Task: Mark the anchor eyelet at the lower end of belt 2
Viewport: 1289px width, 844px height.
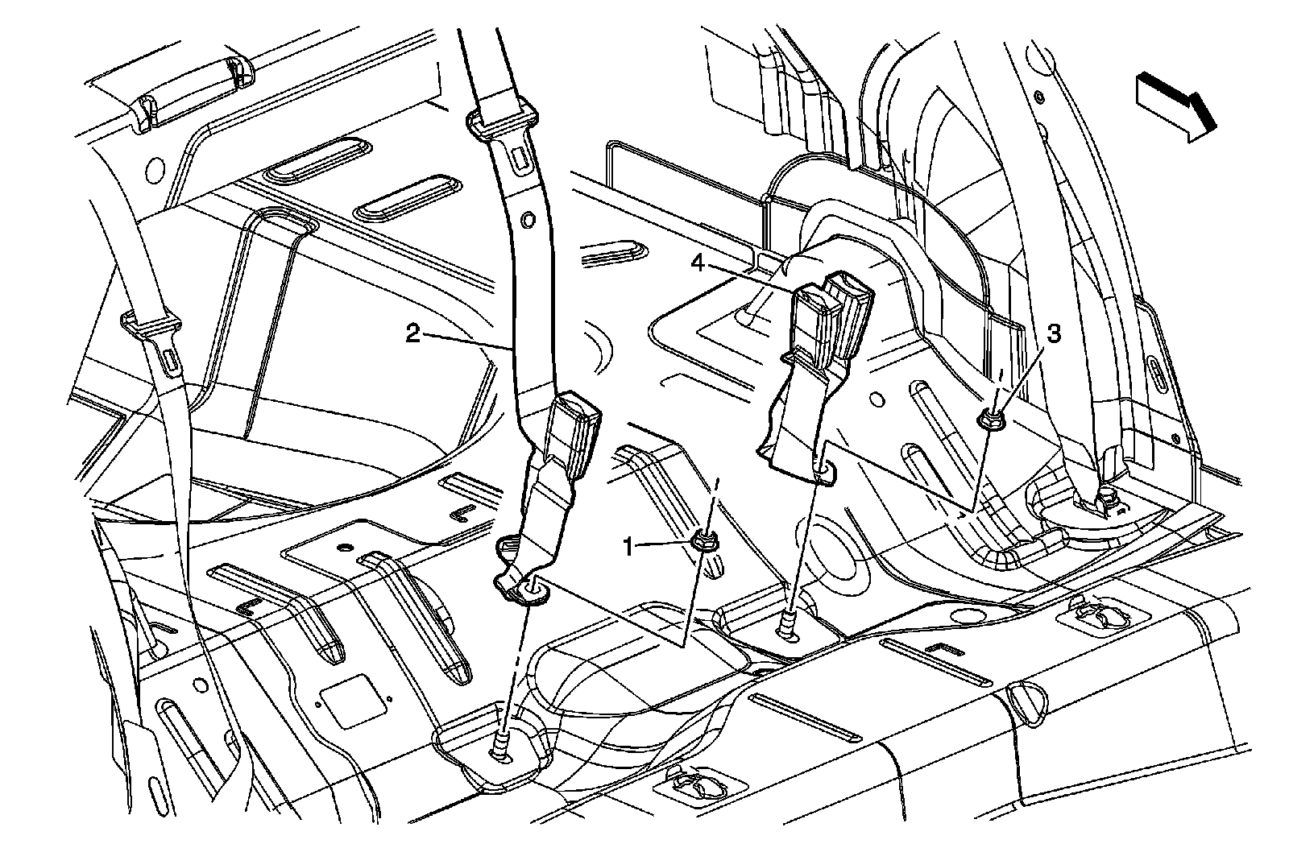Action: pos(532,594)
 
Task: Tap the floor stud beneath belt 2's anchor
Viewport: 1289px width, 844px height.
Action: pos(500,747)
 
